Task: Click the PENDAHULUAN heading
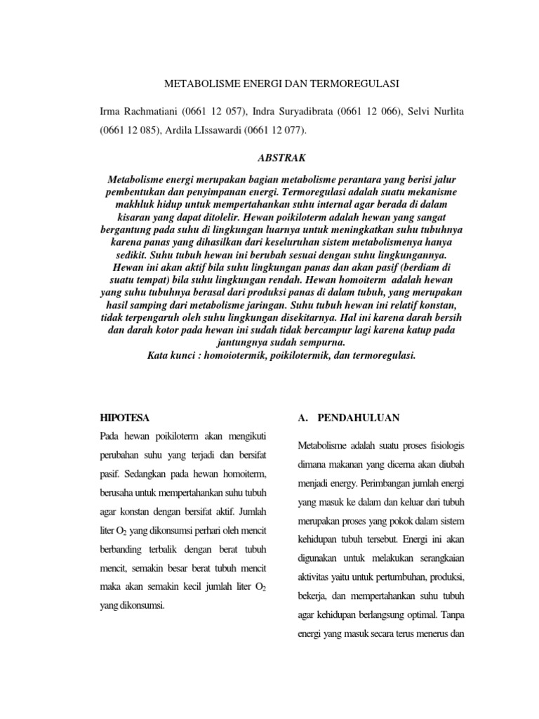click(359, 417)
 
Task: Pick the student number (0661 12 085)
click(131, 131)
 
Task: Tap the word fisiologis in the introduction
click(443, 447)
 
